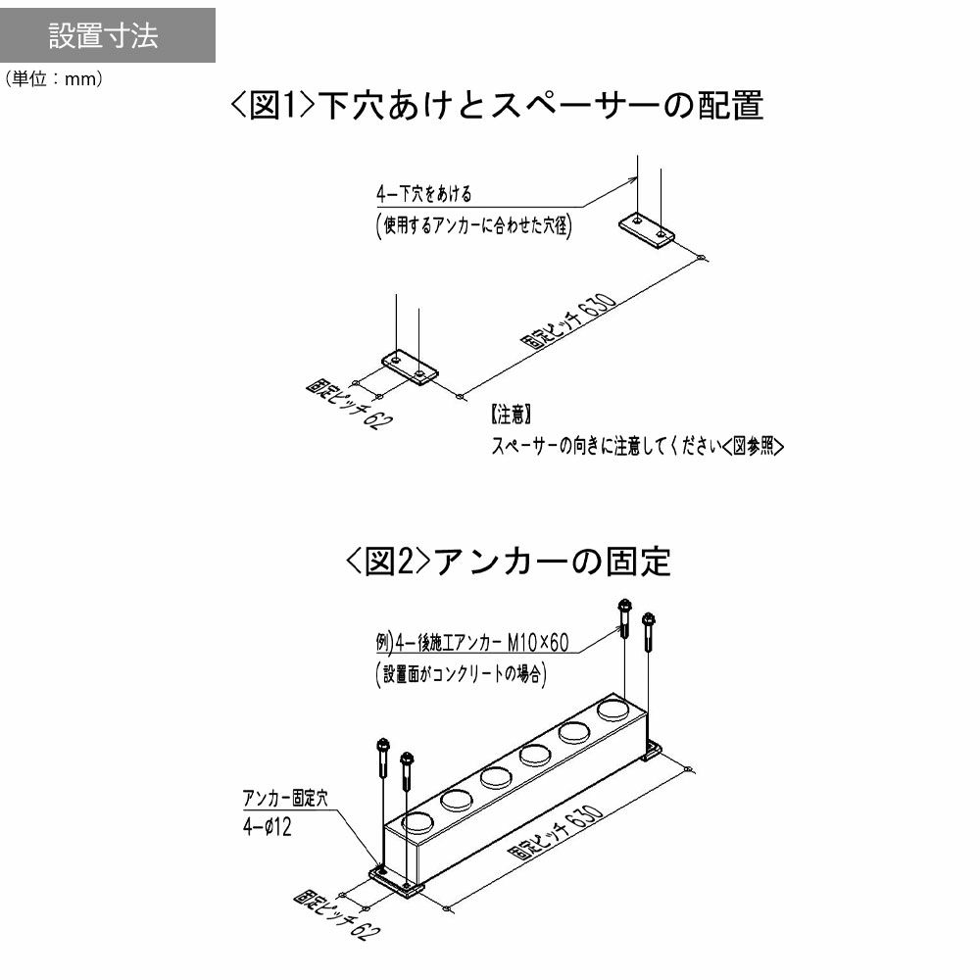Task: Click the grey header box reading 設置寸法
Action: point(108,35)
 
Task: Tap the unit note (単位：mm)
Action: point(54,78)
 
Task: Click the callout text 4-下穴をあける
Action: point(424,194)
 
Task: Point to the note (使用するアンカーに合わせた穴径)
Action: point(473,225)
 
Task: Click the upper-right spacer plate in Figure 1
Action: point(647,231)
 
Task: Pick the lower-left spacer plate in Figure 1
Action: point(410,367)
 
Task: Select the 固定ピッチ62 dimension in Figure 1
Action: point(350,404)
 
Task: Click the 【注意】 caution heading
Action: point(512,414)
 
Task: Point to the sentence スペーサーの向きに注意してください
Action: point(607,446)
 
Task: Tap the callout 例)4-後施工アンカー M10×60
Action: point(472,643)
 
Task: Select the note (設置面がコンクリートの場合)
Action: point(461,674)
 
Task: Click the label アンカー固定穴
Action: point(285,798)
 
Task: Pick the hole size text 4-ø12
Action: point(268,827)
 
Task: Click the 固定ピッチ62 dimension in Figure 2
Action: point(337,915)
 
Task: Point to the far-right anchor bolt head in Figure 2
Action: point(648,620)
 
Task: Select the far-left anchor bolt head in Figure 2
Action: point(383,745)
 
